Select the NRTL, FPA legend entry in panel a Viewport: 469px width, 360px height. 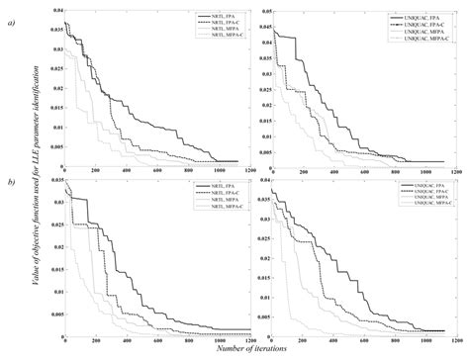click(210, 13)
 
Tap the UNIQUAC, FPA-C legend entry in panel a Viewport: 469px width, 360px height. click(419, 20)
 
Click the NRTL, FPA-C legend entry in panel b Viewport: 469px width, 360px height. click(212, 192)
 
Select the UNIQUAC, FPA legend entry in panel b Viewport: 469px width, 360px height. click(416, 184)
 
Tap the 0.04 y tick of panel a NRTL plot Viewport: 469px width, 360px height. click(54, 10)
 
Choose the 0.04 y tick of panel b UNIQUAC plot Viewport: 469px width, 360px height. click(258, 180)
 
